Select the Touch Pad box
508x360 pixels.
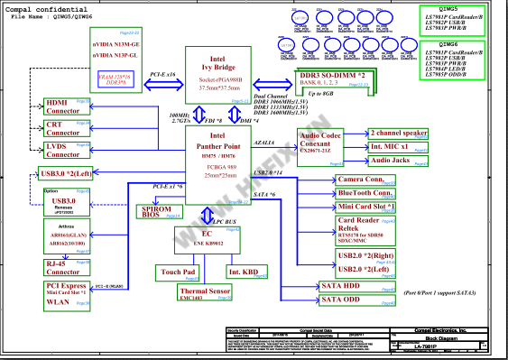[x=178, y=271]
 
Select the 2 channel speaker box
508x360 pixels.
[x=399, y=132]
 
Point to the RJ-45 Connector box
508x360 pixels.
[x=64, y=268]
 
